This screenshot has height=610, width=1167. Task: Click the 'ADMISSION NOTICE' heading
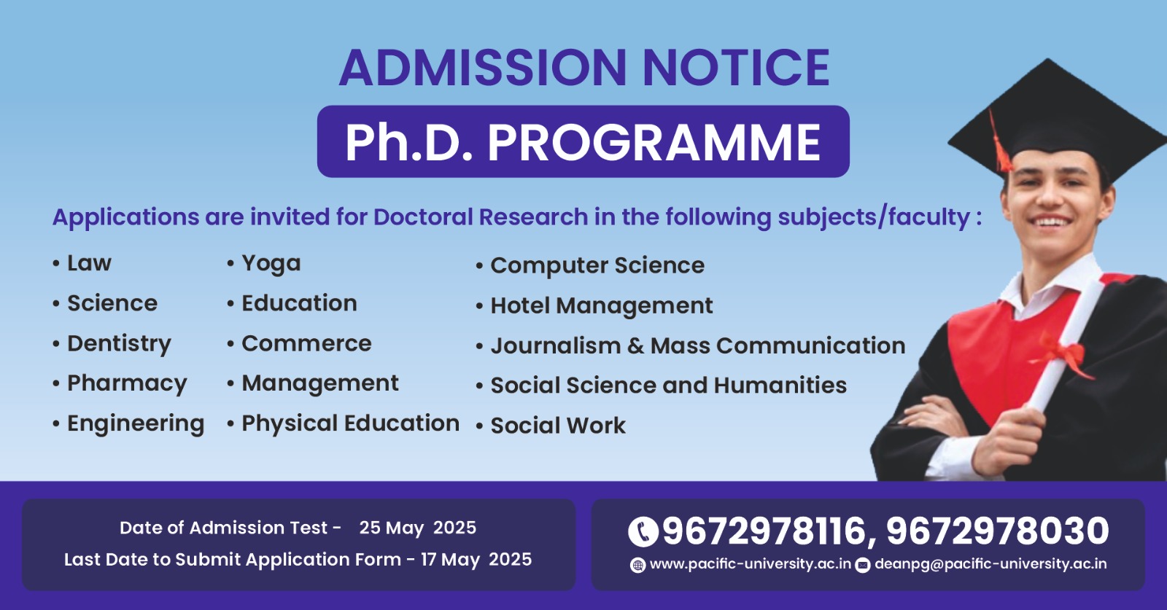[x=584, y=68]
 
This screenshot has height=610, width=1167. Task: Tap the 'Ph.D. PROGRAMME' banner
[x=583, y=141]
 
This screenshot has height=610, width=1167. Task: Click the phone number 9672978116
[x=764, y=531]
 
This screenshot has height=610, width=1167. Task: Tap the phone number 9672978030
[x=997, y=531]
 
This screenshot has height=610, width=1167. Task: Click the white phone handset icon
[x=643, y=532]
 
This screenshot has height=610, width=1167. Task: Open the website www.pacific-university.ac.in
[x=751, y=564]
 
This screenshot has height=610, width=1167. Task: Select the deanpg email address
[x=990, y=564]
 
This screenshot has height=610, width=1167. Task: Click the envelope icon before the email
[x=863, y=566]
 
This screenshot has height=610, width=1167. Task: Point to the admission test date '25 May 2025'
[x=417, y=528]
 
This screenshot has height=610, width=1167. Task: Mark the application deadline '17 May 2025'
[x=476, y=560]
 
